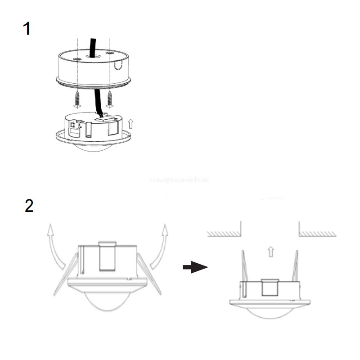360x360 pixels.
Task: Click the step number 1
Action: pyautogui.click(x=27, y=29)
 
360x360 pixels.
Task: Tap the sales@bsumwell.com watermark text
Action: pyautogui.click(x=180, y=180)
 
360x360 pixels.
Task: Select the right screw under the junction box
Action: pyautogui.click(x=109, y=99)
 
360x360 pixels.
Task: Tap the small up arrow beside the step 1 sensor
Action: pyautogui.click(x=131, y=123)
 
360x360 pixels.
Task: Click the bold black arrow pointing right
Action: pyautogui.click(x=194, y=267)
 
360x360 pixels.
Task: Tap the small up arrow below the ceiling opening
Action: pyautogui.click(x=270, y=251)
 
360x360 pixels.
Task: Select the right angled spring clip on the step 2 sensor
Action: pyautogui.click(x=149, y=274)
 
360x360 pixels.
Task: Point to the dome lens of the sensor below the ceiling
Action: pyautogui.click(x=270, y=313)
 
